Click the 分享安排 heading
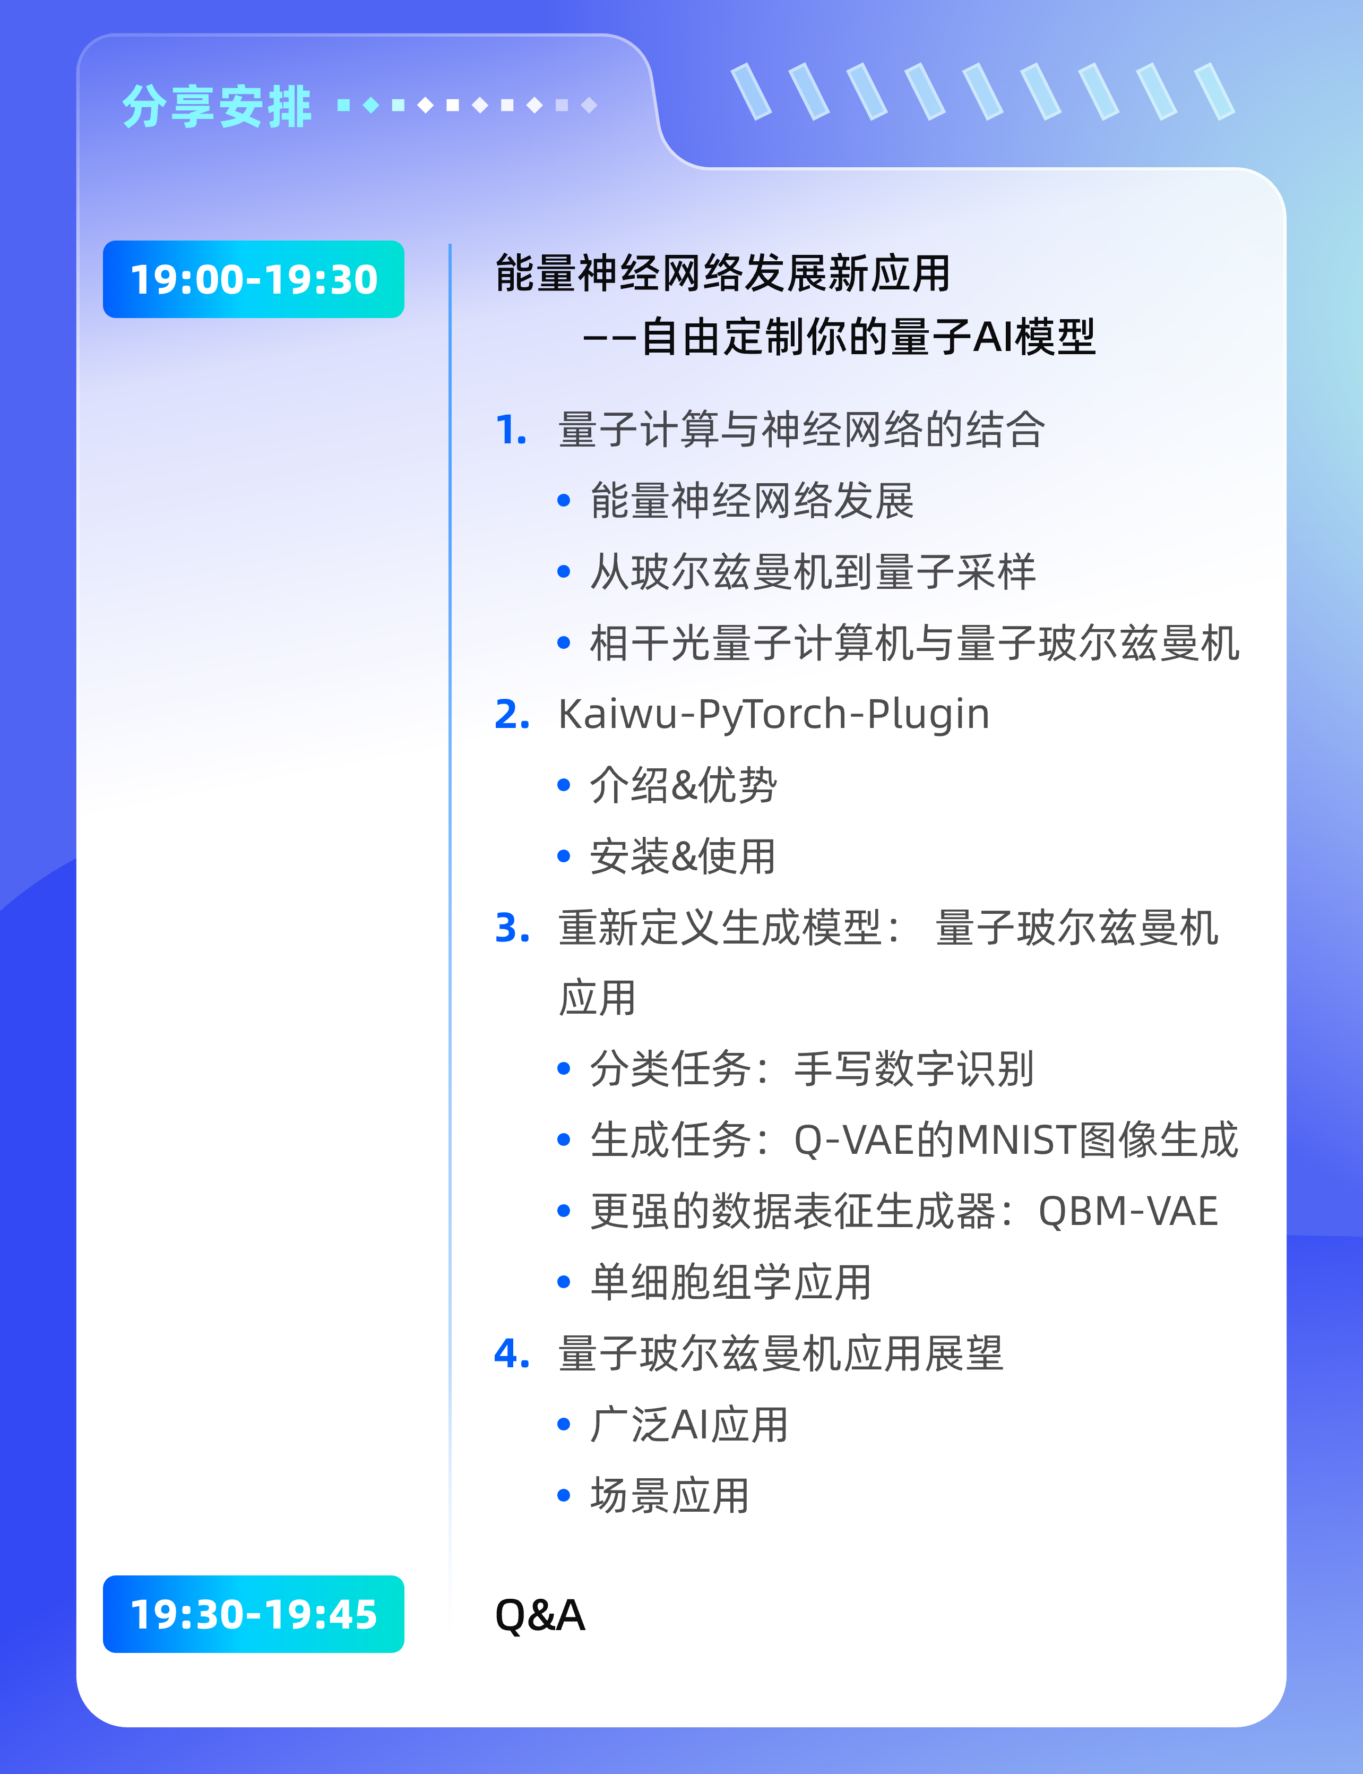point(217,106)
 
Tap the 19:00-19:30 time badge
point(253,279)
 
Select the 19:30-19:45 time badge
point(253,1614)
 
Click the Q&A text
point(539,1615)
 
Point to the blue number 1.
point(511,430)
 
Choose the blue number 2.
point(512,715)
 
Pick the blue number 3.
point(512,928)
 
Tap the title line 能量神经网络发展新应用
point(723,273)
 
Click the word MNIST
point(1017,1140)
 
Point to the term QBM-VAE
point(1128,1212)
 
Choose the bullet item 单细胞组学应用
point(731,1283)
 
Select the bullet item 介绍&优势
point(683,785)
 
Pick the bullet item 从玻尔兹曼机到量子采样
point(813,572)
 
